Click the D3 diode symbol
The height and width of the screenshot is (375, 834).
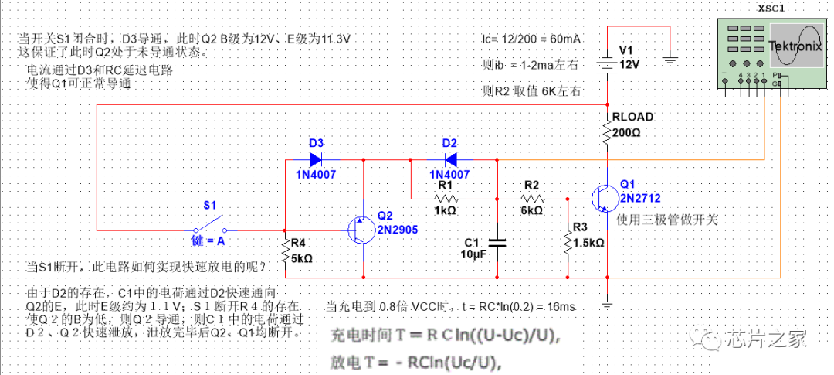pos(316,160)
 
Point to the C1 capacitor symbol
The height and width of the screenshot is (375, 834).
pos(497,243)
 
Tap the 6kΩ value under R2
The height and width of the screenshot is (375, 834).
pos(532,210)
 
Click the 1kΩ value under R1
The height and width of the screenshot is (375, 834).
pos(445,210)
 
